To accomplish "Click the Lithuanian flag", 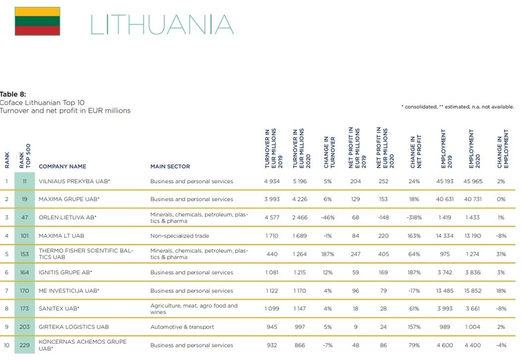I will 37,22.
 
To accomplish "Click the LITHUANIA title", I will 162,24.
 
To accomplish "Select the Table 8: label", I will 13,94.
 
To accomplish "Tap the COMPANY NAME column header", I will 62,167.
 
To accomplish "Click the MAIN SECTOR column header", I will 170,167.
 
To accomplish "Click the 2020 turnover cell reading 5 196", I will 302,181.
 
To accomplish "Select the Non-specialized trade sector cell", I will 179,236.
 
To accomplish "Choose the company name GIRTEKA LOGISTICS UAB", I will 73,326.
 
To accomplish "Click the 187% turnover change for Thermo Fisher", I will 328,254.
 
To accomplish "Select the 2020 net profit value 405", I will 383,254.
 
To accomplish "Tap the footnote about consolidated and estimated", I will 457,107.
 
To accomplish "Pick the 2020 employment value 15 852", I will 472,291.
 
